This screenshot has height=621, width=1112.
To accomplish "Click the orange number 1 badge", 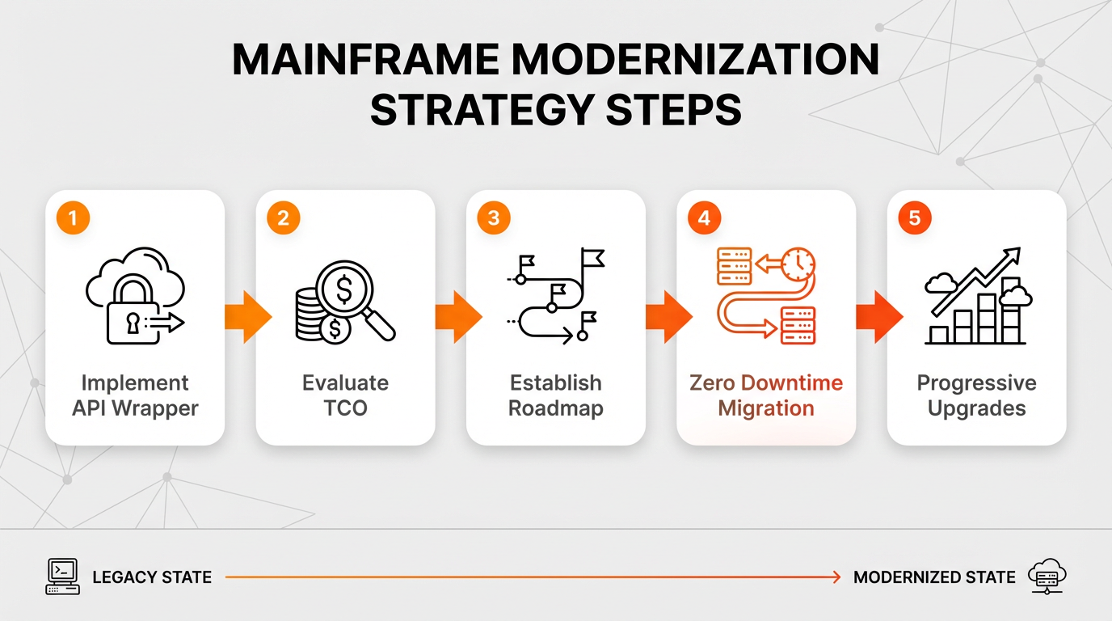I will [x=73, y=218].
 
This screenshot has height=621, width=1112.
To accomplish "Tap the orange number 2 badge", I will [x=283, y=218].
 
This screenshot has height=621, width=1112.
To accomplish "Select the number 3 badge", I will [x=494, y=218].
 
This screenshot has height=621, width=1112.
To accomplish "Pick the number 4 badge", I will [x=704, y=218].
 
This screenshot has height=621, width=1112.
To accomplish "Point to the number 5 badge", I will [x=914, y=218].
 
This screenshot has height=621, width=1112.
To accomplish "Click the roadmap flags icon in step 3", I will [x=556, y=296].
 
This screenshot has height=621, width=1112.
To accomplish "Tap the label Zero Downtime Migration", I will [x=766, y=395].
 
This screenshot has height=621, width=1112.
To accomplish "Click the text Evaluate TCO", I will [x=345, y=395].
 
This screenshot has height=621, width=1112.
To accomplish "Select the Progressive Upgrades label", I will [x=976, y=395].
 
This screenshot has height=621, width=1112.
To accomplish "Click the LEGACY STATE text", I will [x=152, y=577].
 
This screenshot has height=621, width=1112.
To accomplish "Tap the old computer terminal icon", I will [x=62, y=577].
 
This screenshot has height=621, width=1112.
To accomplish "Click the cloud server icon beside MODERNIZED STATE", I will [x=1047, y=577].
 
